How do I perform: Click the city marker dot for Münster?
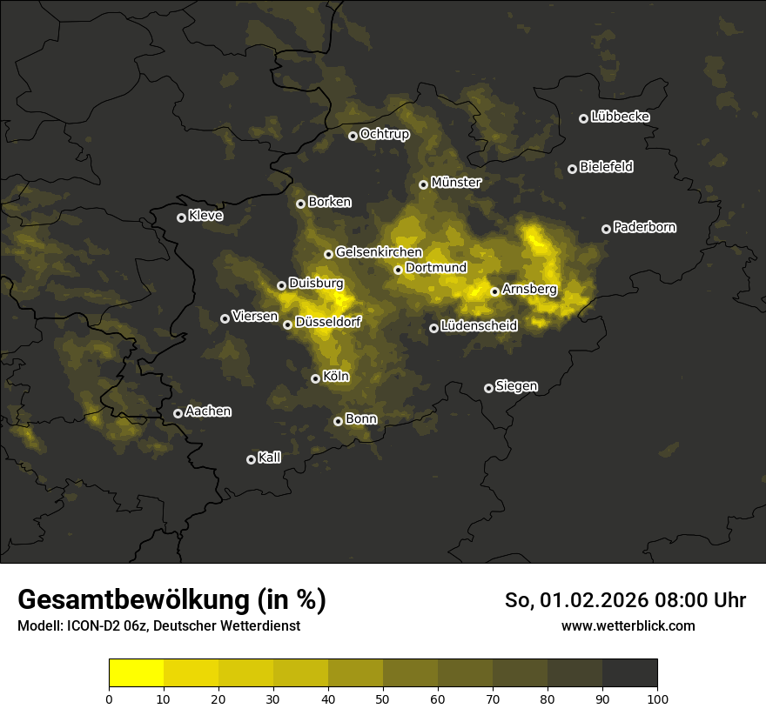click(424, 184)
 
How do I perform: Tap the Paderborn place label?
click(644, 227)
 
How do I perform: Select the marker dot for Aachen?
click(178, 413)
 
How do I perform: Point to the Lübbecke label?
click(620, 117)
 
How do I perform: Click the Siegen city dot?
click(488, 388)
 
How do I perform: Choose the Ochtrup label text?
click(384, 134)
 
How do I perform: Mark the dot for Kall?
click(251, 459)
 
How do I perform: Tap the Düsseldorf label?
click(328, 322)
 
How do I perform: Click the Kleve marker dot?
click(181, 217)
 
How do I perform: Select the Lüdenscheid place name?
click(479, 326)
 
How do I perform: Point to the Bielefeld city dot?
click(572, 169)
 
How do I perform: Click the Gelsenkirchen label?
click(379, 252)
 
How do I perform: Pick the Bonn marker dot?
click(339, 421)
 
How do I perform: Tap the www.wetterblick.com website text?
click(628, 625)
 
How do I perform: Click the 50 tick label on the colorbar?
click(383, 699)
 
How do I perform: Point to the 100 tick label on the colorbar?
click(657, 699)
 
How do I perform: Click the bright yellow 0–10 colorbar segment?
click(137, 672)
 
